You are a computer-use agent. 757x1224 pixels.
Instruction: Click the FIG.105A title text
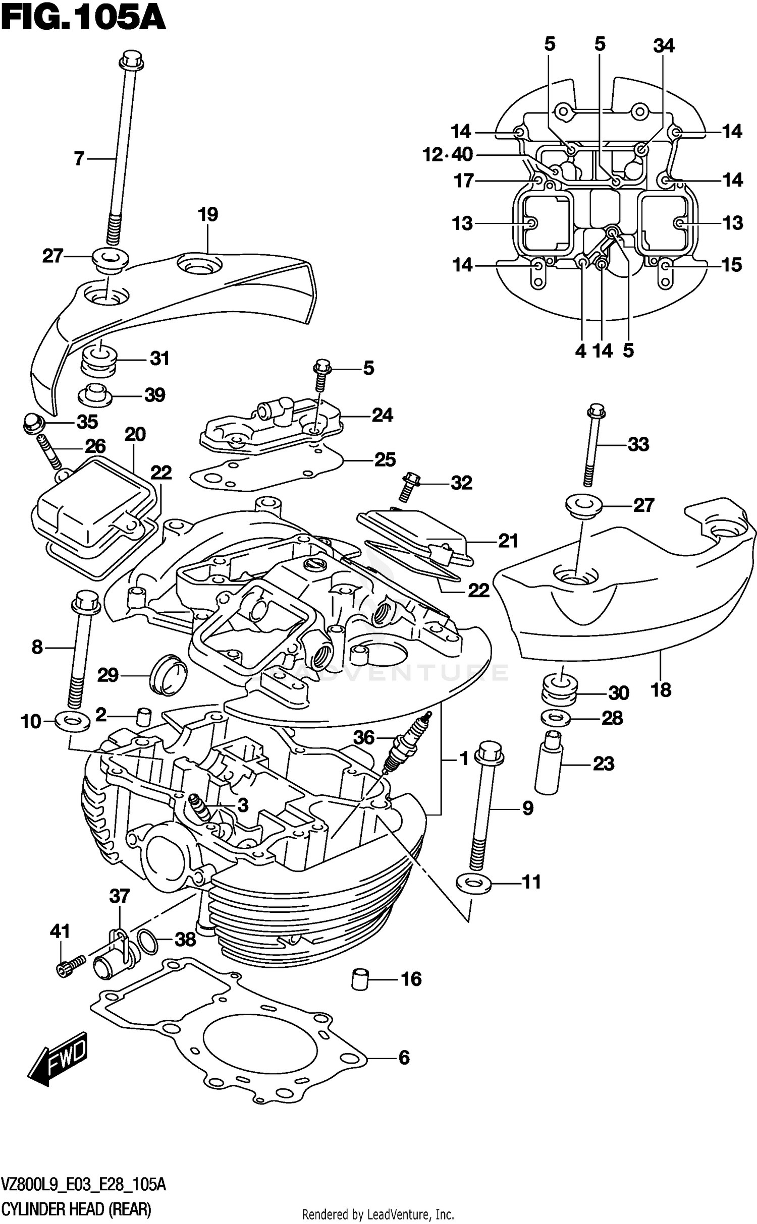[x=83, y=20]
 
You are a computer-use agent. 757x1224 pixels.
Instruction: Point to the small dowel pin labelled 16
[x=358, y=979]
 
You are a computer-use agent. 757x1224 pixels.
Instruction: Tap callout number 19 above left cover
[x=208, y=214]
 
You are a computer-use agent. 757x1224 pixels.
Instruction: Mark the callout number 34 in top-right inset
[x=663, y=46]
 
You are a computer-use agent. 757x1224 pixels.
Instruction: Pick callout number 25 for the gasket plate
[x=385, y=459]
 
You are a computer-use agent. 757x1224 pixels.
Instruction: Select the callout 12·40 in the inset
[x=448, y=155]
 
